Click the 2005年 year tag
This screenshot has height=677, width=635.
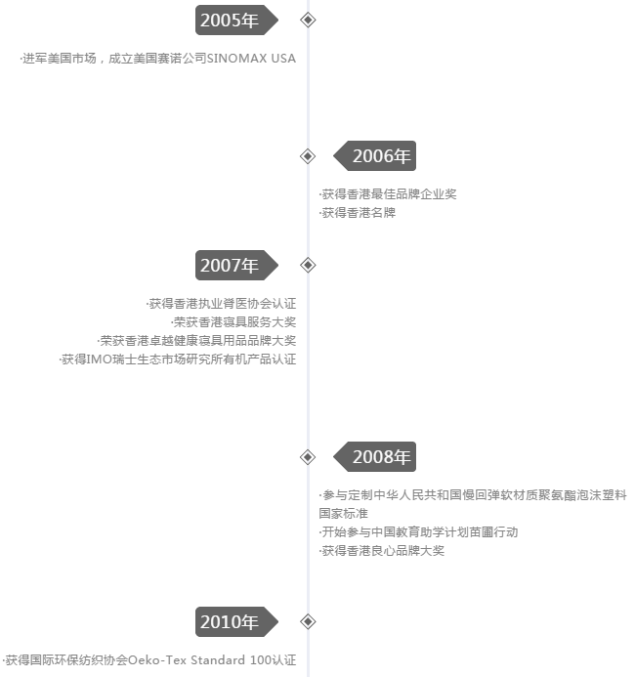click(x=236, y=20)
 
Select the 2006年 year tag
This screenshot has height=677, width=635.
click(x=375, y=156)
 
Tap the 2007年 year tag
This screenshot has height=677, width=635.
click(x=236, y=265)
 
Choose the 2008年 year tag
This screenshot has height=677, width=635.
click(x=375, y=457)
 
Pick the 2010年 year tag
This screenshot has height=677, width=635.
click(x=236, y=621)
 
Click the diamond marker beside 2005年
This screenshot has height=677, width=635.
click(x=308, y=20)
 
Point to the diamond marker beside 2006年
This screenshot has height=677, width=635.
click(x=308, y=156)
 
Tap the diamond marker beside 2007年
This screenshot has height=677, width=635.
click(x=308, y=265)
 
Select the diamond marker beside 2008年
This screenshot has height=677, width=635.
click(x=308, y=457)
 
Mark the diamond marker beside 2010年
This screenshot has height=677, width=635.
click(x=308, y=621)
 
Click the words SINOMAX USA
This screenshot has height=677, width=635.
click(x=251, y=59)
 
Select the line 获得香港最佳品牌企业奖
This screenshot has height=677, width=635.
click(x=388, y=194)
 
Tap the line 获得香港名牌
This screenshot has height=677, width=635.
click(x=358, y=213)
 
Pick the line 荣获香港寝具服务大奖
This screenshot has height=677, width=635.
click(x=233, y=322)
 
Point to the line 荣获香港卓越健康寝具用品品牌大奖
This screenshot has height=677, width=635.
click(x=196, y=341)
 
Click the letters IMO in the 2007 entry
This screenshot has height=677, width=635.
click(x=100, y=360)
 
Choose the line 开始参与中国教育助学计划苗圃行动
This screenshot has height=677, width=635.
click(x=419, y=532)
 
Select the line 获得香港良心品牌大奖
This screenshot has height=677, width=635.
click(x=382, y=551)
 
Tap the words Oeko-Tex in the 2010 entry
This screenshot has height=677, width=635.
click(x=157, y=660)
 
